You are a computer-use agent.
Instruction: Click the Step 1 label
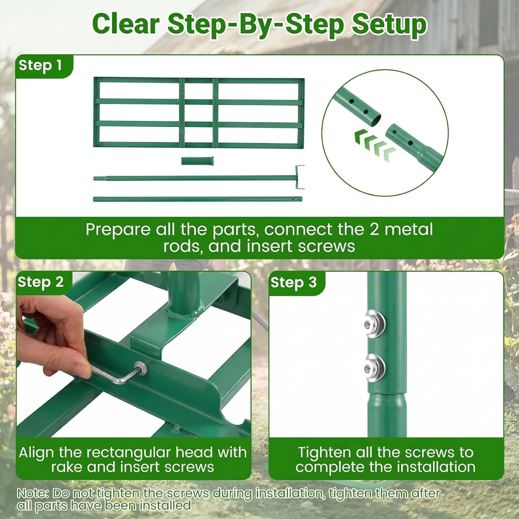pos(40,65)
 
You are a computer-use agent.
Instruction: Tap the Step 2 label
pos(40,282)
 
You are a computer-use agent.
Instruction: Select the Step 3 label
pos(293,282)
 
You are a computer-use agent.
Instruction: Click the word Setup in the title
pos(389,25)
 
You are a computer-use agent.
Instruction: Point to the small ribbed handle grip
pos(197,161)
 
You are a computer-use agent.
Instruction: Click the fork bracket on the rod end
pos(300,177)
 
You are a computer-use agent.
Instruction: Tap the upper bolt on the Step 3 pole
pos(374,324)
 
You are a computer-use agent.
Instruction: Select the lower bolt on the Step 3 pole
pos(374,367)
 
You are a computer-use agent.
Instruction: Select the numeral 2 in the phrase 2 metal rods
pos(374,229)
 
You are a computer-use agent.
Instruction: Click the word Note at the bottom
pos(31,493)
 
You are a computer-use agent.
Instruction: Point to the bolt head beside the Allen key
pos(141,367)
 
